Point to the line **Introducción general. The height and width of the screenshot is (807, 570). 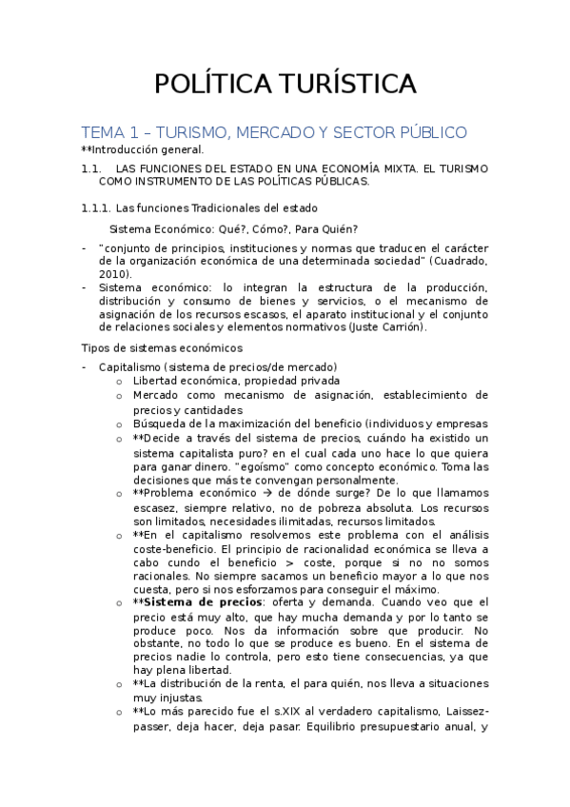142,149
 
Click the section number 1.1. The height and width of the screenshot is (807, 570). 91,167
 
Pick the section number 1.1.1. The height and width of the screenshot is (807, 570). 97,207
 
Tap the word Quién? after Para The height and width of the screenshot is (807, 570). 339,228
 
